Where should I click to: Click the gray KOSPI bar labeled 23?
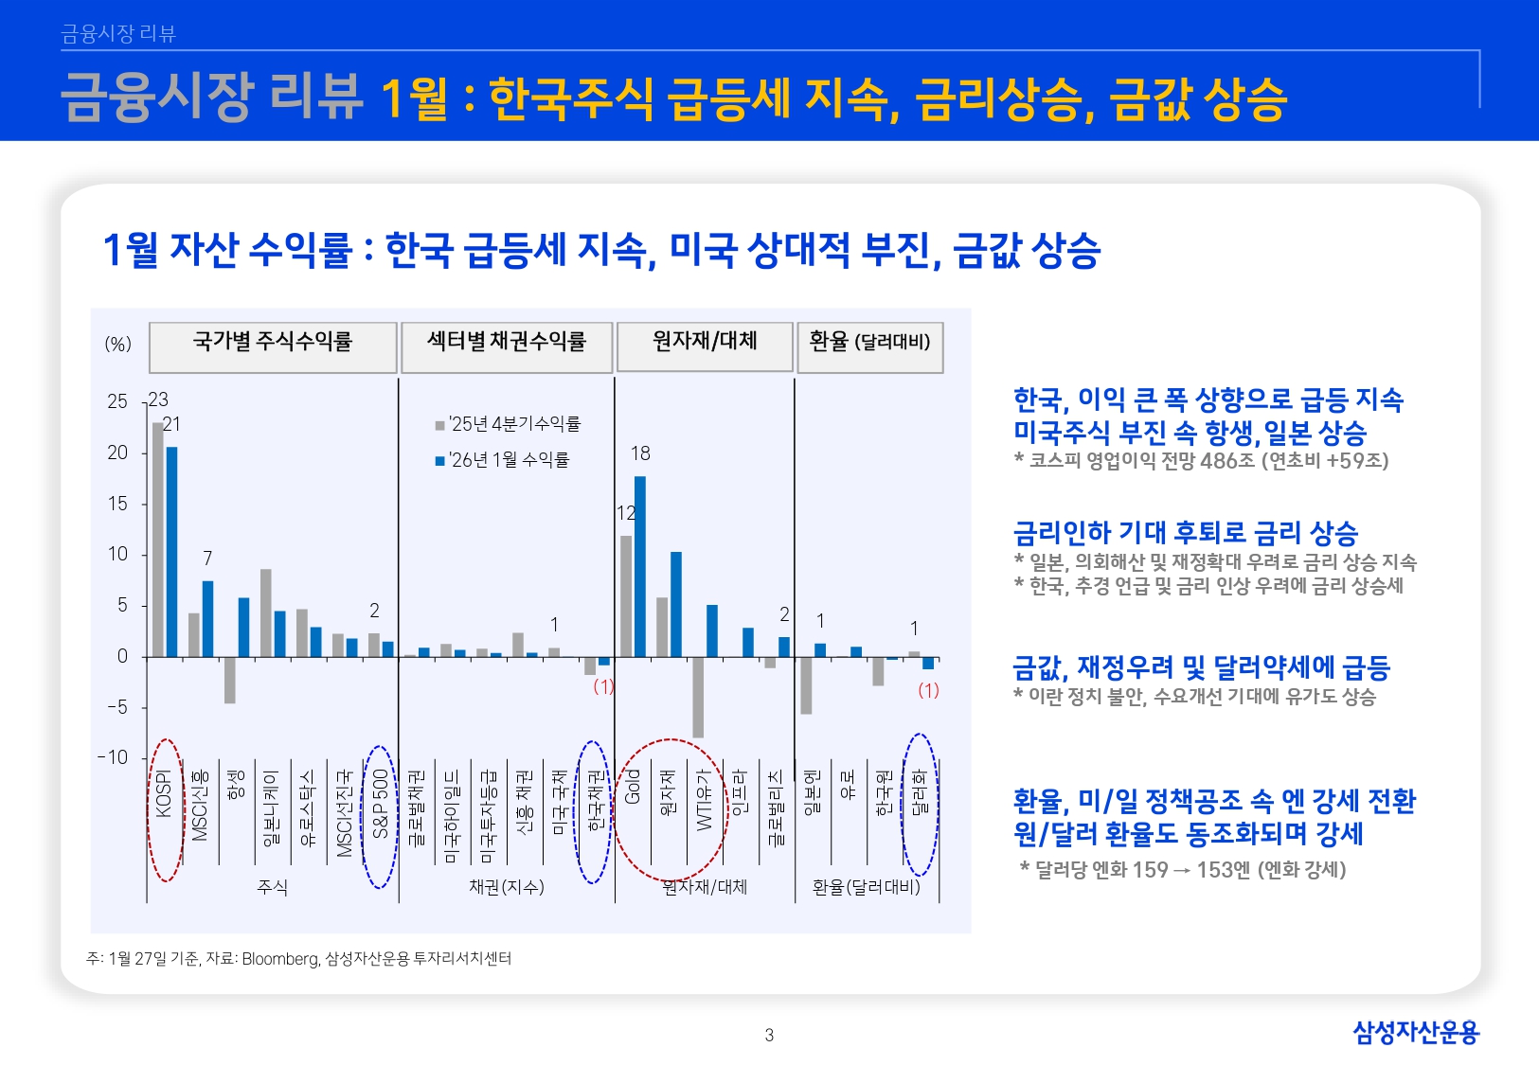(x=158, y=540)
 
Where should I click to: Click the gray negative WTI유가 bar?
(x=698, y=697)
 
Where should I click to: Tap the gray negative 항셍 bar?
(x=230, y=680)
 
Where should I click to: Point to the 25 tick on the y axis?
(x=117, y=402)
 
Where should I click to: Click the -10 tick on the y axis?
(x=113, y=757)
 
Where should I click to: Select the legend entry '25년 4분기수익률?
(x=509, y=424)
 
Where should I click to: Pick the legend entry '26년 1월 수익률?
(x=503, y=460)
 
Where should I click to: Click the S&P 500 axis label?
(x=381, y=805)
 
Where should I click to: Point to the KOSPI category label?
(x=164, y=795)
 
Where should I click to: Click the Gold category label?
(x=633, y=788)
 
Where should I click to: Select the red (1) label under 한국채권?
(x=603, y=686)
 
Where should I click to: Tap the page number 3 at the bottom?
(x=769, y=1035)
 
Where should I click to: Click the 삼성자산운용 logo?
(x=1415, y=1032)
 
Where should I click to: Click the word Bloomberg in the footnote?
(x=280, y=959)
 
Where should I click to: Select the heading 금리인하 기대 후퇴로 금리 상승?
(x=1186, y=533)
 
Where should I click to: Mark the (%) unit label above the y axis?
(x=118, y=345)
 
